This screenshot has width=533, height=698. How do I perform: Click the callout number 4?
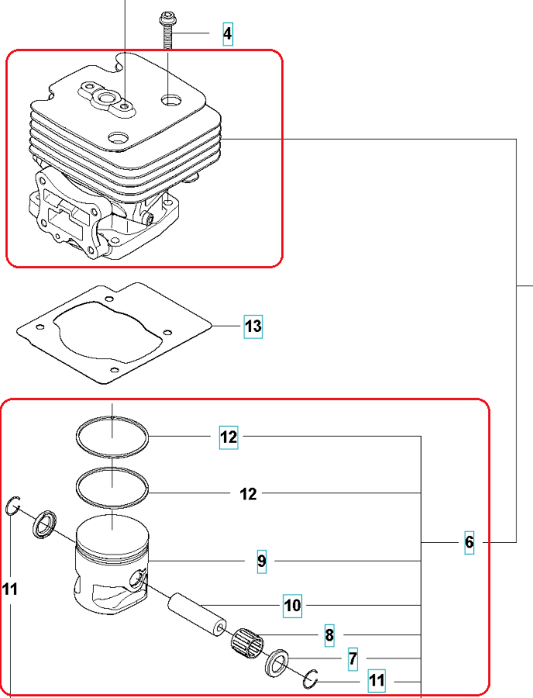pyautogui.click(x=227, y=34)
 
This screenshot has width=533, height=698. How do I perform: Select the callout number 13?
pyautogui.click(x=253, y=327)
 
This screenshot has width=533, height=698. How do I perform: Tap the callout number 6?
pyautogui.click(x=469, y=542)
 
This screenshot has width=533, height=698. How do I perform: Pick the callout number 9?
pyautogui.click(x=262, y=561)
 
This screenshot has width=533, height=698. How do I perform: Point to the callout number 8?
pyautogui.click(x=329, y=636)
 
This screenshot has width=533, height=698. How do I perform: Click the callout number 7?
pyautogui.click(x=352, y=659)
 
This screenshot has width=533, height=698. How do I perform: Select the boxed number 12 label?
pyautogui.click(x=229, y=437)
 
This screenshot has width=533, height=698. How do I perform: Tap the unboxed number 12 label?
pyautogui.click(x=249, y=493)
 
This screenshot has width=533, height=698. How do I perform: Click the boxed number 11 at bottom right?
pyautogui.click(x=377, y=681)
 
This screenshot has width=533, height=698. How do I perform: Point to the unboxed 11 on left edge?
pyautogui.click(x=9, y=590)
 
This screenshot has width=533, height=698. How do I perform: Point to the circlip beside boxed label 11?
pyautogui.click(x=312, y=679)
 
